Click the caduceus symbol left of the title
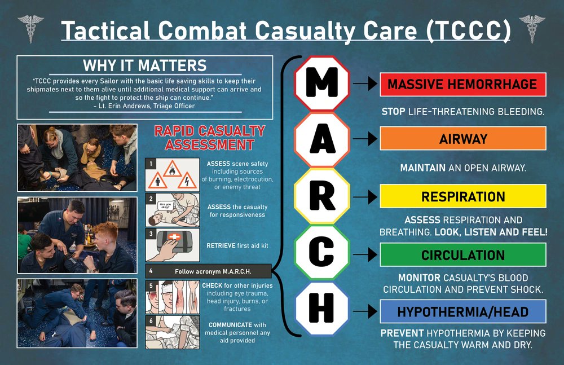[x=30, y=29]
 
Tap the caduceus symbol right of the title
[x=532, y=29]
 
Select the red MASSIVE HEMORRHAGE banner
[x=463, y=84]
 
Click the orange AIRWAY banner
[x=463, y=139]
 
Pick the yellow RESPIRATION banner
[x=463, y=196]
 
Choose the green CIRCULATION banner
[x=463, y=255]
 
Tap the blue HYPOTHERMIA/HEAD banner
[x=463, y=312]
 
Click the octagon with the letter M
[x=322, y=83]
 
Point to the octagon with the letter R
[x=322, y=196]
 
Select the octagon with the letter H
[x=322, y=309]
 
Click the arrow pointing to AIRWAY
[x=365, y=139]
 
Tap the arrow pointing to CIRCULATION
[x=365, y=255]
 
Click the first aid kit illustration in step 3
[x=173, y=245]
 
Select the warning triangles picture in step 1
[x=173, y=174]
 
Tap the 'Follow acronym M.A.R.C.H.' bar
[x=209, y=271]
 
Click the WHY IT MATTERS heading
[x=144, y=65]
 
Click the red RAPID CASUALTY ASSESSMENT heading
[x=210, y=138]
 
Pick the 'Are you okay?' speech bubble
[x=165, y=205]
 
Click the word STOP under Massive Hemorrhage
[x=394, y=112]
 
